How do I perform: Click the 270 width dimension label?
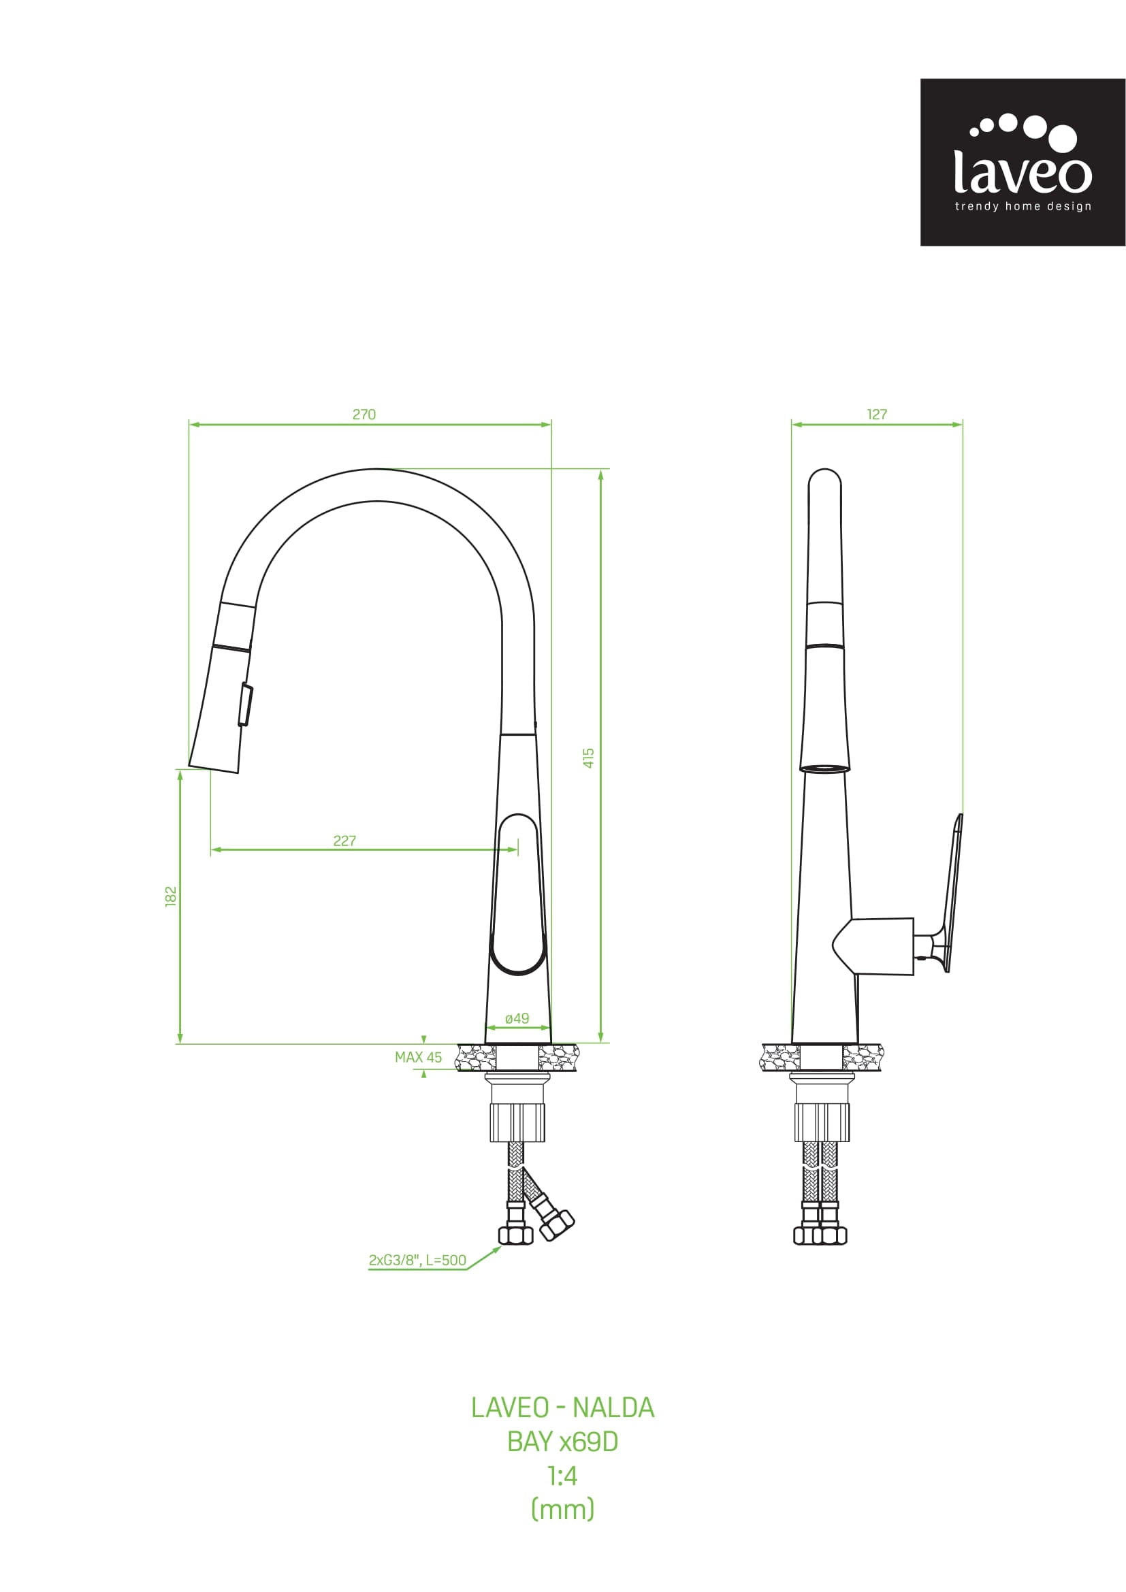tap(364, 415)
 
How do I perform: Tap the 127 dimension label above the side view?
tap(877, 415)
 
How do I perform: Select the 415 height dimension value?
tap(589, 757)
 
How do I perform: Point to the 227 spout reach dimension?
tap(344, 841)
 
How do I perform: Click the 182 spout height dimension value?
tap(172, 896)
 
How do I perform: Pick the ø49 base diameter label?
tap(517, 1019)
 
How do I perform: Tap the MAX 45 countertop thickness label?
tap(418, 1058)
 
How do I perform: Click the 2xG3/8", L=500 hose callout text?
tap(417, 1261)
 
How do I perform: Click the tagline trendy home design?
tap(1023, 206)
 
